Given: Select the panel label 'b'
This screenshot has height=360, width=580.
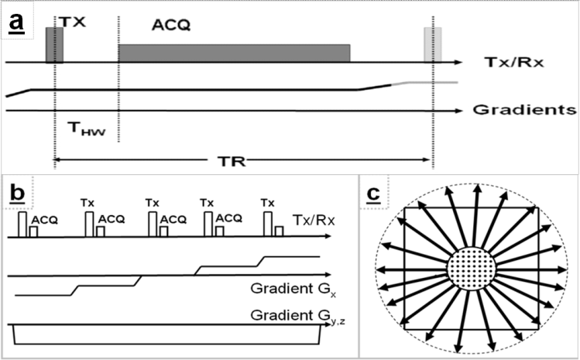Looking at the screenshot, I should point(16,190).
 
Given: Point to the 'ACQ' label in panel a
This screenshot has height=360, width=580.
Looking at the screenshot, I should point(171,26).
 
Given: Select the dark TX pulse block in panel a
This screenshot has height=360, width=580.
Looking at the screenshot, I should point(53,44).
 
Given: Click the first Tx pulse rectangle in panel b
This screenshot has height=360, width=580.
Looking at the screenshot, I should point(23,224).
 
